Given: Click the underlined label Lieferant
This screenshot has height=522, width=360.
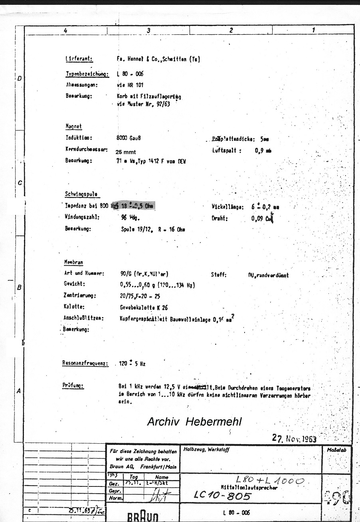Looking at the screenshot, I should [x=79, y=59].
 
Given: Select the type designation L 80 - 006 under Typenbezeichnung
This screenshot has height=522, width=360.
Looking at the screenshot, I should [x=130, y=74].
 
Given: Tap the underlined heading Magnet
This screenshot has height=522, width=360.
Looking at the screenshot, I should [x=73, y=126].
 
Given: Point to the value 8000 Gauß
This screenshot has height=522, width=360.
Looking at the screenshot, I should [x=128, y=138].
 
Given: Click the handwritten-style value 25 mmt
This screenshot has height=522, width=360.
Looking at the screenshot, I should [x=125, y=152].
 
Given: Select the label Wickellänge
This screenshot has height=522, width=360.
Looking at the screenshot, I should [x=227, y=207].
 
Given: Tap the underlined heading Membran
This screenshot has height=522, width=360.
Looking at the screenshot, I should [x=73, y=262].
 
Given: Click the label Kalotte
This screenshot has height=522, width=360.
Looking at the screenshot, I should [x=74, y=308].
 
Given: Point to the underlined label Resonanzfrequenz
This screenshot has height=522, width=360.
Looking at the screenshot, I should [x=85, y=363].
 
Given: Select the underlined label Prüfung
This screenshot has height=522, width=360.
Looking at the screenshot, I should [x=73, y=386].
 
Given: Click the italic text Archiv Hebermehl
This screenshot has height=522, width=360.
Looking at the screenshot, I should [x=194, y=421].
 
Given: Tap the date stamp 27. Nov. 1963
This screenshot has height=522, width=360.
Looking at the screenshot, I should [x=294, y=439].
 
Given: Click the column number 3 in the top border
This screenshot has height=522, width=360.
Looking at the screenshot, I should [x=148, y=30].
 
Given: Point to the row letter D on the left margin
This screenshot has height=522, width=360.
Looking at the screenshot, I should [x=20, y=78].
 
